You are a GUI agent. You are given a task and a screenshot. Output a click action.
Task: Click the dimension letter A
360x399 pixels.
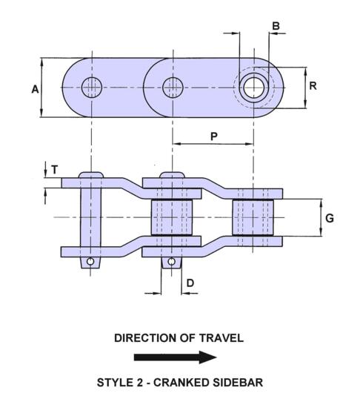point(35,89)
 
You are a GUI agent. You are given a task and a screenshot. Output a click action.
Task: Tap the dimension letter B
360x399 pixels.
point(276,27)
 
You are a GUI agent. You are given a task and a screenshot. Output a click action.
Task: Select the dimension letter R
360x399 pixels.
point(313,85)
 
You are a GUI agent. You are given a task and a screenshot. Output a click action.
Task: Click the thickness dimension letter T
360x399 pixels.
point(54,169)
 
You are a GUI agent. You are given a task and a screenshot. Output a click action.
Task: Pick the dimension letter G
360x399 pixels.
point(330,218)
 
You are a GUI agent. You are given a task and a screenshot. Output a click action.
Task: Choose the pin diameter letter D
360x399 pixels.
point(190,283)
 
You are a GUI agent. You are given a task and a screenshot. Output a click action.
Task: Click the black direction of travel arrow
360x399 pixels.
point(177,357)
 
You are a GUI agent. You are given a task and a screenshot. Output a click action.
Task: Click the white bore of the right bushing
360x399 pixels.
point(253,87)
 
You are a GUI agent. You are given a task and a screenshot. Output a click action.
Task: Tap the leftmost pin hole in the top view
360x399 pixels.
point(91,87)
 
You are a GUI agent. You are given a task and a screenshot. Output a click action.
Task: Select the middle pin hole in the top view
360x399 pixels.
point(172,87)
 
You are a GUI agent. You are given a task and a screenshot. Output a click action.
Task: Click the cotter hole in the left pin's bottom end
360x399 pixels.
point(90,262)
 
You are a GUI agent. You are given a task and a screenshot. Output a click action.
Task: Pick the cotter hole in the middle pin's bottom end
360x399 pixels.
point(171,262)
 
